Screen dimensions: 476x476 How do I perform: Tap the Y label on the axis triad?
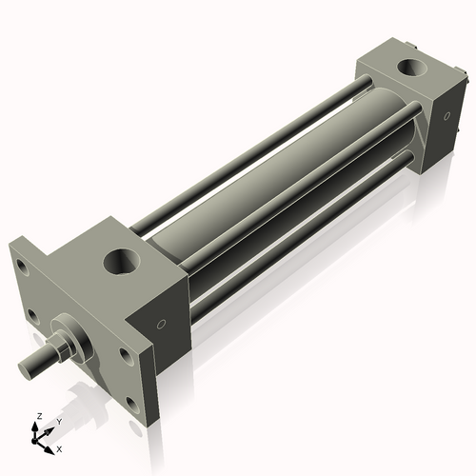tap(58, 420)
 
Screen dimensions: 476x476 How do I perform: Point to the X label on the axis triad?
tap(59, 447)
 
